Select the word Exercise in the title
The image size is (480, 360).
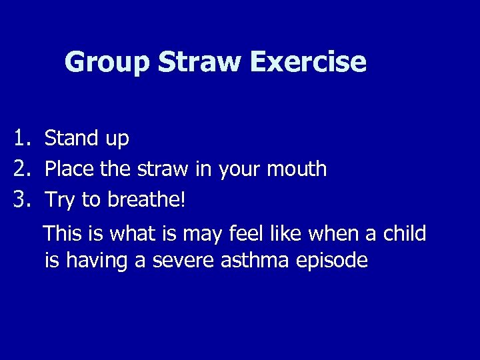tap(310, 62)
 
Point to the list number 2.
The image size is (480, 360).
tap(24, 169)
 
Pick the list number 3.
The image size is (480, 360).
tap(24, 199)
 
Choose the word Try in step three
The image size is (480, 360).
tap(61, 199)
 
